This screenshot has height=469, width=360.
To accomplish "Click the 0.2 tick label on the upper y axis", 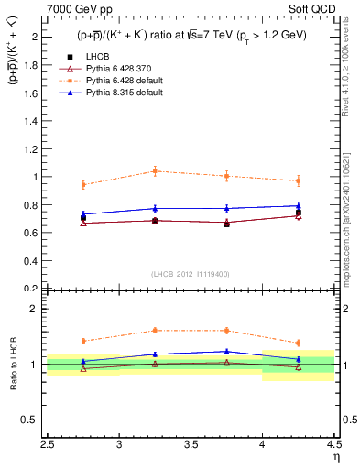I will click(33, 288).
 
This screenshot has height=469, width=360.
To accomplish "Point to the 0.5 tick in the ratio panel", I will click(33, 420).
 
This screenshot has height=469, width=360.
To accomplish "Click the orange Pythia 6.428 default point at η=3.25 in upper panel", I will click(155, 171).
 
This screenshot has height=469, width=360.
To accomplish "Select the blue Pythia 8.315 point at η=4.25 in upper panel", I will click(298, 205).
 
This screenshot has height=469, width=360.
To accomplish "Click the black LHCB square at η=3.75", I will click(226, 224).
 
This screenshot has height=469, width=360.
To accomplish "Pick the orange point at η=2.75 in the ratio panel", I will click(83, 341).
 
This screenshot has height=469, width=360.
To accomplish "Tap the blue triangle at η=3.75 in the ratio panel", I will click(226, 351).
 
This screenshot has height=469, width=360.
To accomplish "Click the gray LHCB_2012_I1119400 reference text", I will click(191, 275).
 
